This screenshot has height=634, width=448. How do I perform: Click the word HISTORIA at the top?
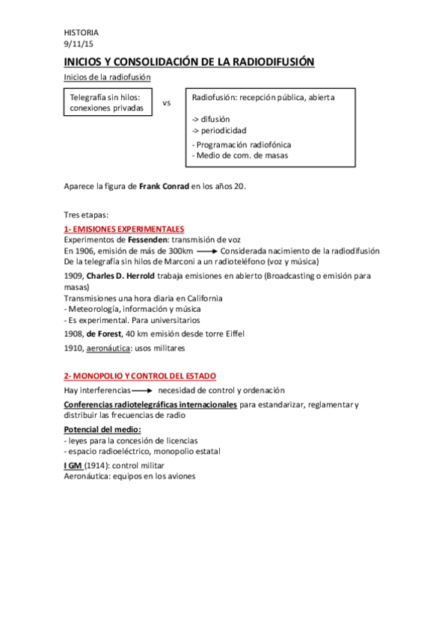(80, 33)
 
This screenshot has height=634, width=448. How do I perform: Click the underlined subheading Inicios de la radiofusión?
(108, 77)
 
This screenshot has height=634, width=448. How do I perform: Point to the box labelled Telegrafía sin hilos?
(109, 102)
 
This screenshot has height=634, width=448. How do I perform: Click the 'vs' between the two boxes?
(167, 103)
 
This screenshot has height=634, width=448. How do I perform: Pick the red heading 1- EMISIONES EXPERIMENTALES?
(124, 229)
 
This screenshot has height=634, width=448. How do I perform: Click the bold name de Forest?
(105, 333)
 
